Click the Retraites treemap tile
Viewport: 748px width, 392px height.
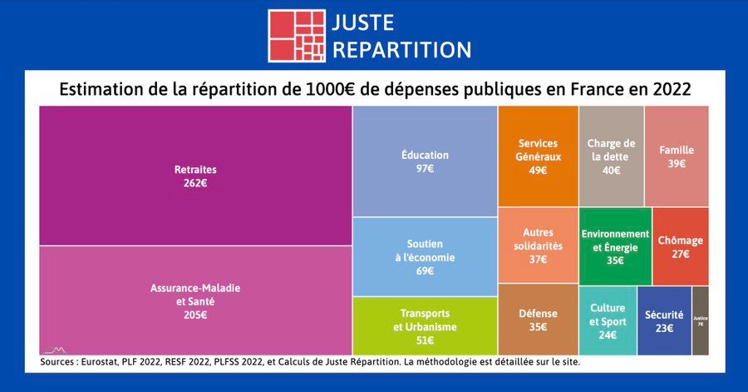click(x=195, y=176)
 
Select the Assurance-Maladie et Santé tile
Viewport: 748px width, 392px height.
click(x=195, y=300)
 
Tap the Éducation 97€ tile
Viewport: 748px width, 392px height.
click(x=425, y=161)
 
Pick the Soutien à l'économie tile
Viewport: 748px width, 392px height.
click(x=425, y=256)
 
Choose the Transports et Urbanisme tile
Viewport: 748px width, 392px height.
click(x=425, y=325)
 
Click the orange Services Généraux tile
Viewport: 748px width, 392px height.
click(x=538, y=156)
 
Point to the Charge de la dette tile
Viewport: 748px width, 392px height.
click(x=611, y=156)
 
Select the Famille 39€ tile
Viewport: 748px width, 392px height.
click(x=677, y=156)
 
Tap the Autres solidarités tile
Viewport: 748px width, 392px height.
click(x=538, y=246)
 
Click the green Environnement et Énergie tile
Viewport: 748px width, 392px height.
click(x=615, y=246)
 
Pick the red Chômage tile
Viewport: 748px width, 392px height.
click(x=680, y=246)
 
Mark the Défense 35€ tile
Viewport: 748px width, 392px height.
click(x=538, y=320)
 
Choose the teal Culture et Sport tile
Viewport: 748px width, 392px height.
click(x=608, y=320)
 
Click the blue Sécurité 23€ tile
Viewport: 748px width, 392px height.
click(x=664, y=320)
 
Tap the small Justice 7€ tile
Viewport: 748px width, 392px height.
click(x=700, y=320)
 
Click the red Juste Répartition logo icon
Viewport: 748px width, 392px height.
click(x=296, y=36)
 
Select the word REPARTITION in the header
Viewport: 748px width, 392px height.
click(x=401, y=50)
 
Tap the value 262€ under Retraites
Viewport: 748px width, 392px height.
click(x=195, y=183)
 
